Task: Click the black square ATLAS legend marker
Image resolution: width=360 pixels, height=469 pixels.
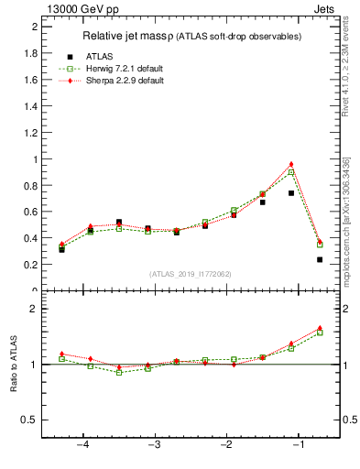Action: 70,56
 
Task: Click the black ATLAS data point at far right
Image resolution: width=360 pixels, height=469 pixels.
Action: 320,259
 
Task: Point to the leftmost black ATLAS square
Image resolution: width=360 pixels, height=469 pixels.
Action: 61,249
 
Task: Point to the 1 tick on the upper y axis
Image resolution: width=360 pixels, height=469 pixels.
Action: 35,159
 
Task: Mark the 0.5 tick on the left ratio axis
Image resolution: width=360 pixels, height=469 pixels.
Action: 30,420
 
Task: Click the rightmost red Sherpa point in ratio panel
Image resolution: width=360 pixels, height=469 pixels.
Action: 320,327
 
